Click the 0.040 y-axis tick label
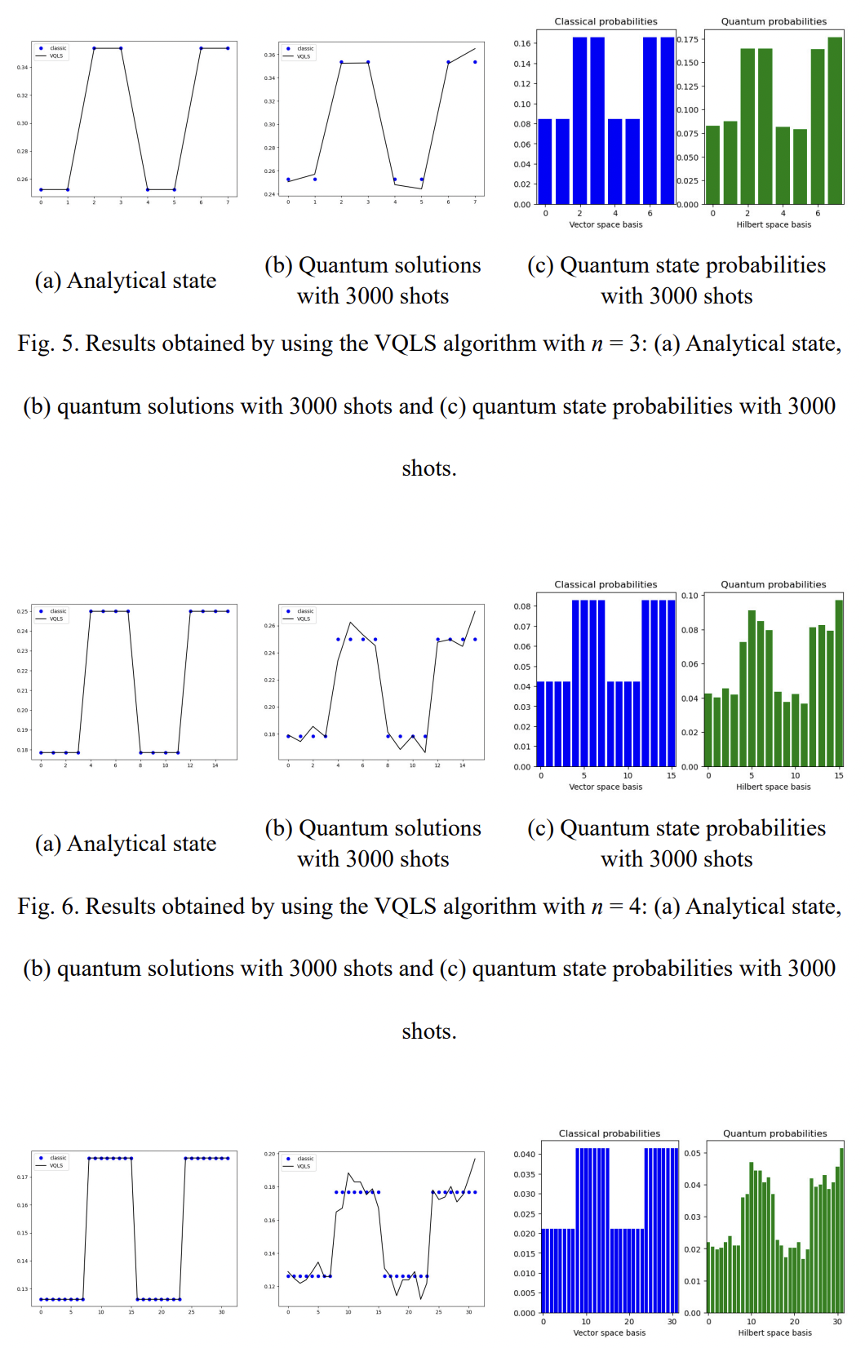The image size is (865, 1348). point(524,1154)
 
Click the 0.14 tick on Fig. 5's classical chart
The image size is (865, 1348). point(522,64)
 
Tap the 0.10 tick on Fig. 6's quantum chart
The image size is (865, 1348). point(690,596)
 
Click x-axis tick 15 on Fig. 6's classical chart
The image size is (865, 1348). point(671,776)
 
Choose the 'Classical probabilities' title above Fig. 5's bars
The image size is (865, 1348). point(605,21)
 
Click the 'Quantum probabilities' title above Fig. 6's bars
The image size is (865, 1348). point(774,584)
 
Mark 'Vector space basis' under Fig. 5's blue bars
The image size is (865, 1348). point(605,224)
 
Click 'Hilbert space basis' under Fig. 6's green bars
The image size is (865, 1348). point(774,787)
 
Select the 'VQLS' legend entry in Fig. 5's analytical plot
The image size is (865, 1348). point(55,56)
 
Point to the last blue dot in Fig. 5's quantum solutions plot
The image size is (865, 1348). point(475,62)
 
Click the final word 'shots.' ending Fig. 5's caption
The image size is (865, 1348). point(429,468)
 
